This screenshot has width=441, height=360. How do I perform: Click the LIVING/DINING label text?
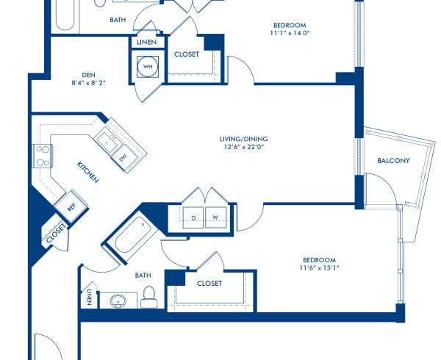point(243,138)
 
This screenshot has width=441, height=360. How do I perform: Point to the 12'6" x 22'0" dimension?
point(243,147)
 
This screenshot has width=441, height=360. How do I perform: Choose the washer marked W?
point(216,217)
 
